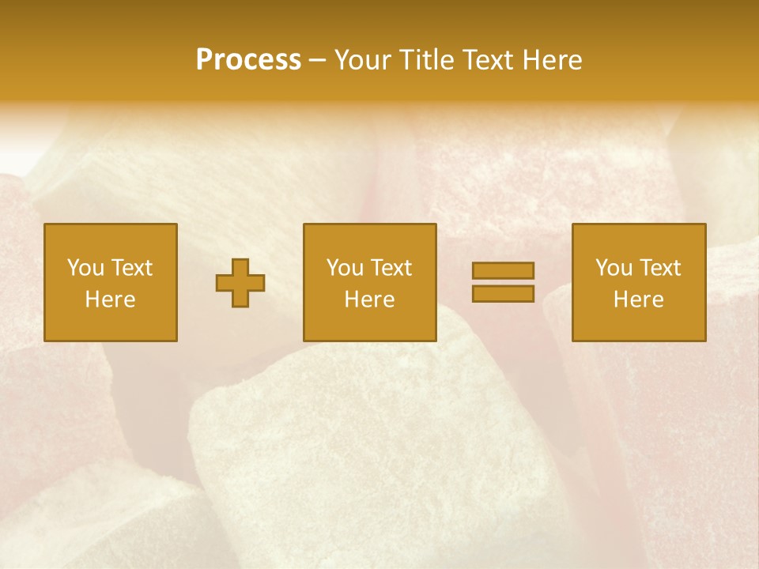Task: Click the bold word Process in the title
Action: coord(248,60)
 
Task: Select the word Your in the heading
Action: coord(364,60)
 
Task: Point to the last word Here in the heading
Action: coord(552,60)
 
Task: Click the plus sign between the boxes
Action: coord(240,283)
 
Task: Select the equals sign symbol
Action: coord(503,282)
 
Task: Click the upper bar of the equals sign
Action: coord(503,271)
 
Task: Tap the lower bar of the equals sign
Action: coord(503,293)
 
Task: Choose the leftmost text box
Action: coord(111,282)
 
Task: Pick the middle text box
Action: coord(370,282)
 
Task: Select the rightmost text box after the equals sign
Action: coord(639,282)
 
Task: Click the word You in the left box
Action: coord(85,268)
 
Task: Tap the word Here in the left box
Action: coord(111,300)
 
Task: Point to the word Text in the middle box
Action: coord(391,268)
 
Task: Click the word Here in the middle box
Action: coord(370,300)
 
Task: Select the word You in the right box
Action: coord(614,268)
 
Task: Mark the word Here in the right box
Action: coord(639,300)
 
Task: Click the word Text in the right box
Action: coord(659,268)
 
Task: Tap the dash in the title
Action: coord(317,61)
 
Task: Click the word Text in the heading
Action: coord(487,60)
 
